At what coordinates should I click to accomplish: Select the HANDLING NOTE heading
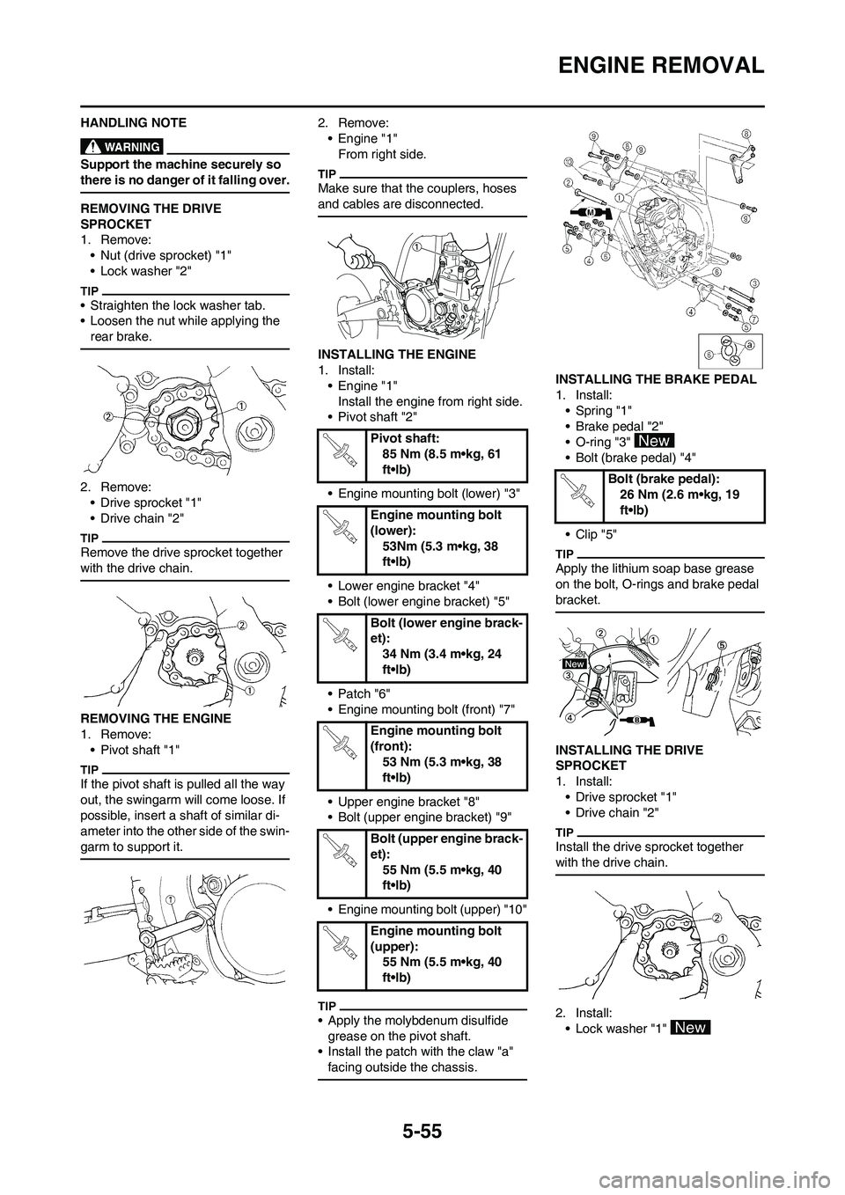(x=133, y=122)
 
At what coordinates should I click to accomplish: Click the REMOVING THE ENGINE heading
(x=155, y=718)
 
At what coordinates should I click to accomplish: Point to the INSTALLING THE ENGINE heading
(x=400, y=354)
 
